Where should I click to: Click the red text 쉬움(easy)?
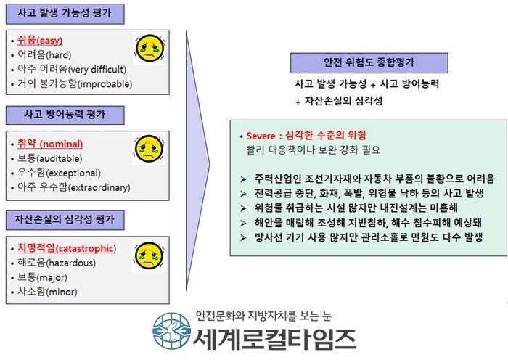pos(40,41)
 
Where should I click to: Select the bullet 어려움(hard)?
pos(44,54)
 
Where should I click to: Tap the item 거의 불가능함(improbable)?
pos(75,83)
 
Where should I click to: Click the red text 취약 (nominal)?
pos(50,144)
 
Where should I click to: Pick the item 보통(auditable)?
pos(50,158)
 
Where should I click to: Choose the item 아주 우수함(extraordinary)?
pos(74,187)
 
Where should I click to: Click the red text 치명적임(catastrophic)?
pos(67,248)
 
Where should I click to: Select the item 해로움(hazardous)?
pos(57,263)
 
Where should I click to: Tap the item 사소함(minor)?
pos(47,292)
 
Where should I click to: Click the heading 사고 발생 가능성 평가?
pos(65,13)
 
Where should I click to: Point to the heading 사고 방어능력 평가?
pos(65,115)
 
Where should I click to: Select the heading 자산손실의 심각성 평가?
pos(65,220)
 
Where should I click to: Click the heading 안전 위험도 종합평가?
pos(369,62)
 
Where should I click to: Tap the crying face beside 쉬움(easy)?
pos(150,49)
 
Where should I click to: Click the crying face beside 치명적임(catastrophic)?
pos(149,256)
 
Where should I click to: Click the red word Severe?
pos(261,136)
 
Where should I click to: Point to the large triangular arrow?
pos(197,162)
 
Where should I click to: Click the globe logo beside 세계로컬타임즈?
pos(171,331)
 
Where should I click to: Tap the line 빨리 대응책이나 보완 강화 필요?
pos(314,150)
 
